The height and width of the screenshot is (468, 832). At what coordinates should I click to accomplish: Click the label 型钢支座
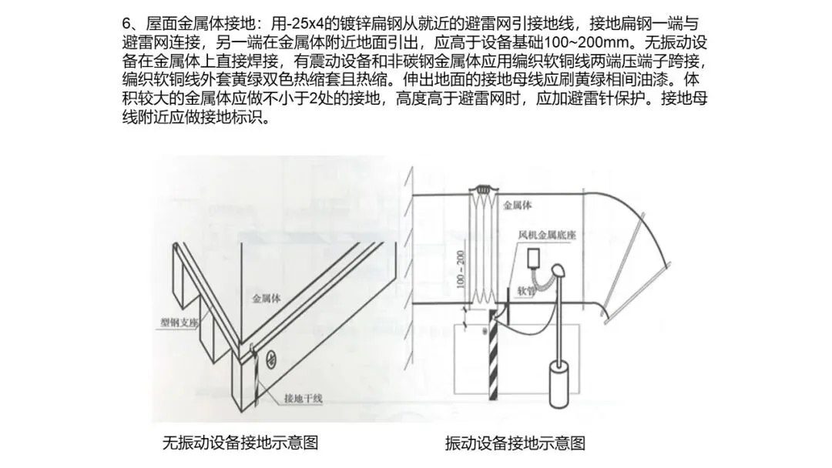pyautogui.click(x=179, y=322)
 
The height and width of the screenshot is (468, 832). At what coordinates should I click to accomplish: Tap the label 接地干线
pyautogui.click(x=304, y=398)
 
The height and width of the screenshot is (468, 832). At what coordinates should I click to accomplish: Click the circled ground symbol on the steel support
pyautogui.click(x=270, y=360)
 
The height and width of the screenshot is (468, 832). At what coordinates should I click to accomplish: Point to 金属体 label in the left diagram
pyautogui.click(x=267, y=299)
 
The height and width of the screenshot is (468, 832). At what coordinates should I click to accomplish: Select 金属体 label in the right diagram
pyautogui.click(x=518, y=205)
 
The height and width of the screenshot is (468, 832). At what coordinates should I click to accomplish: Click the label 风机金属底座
pyautogui.click(x=547, y=234)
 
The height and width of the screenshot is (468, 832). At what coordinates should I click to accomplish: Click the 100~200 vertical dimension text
pyautogui.click(x=460, y=269)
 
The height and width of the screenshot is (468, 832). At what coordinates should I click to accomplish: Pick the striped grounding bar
pyautogui.click(x=494, y=355)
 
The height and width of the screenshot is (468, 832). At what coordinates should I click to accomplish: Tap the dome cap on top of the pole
pyautogui.click(x=558, y=271)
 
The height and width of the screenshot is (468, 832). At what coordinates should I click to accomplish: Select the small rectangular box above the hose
pyautogui.click(x=533, y=258)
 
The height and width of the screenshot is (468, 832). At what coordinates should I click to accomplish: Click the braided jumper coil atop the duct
pyautogui.click(x=482, y=188)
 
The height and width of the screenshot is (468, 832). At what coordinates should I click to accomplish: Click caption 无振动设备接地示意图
pyautogui.click(x=240, y=442)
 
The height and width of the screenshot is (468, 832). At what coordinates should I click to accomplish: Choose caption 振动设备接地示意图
pyautogui.click(x=515, y=443)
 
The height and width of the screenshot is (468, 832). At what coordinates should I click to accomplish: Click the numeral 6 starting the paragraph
pyautogui.click(x=126, y=24)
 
